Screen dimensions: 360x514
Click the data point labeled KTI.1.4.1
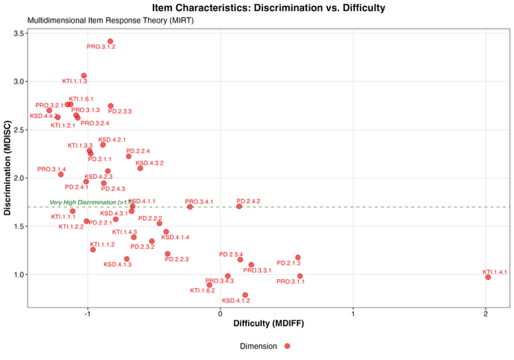pyautogui.click(x=488, y=277)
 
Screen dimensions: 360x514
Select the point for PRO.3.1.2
pyautogui.click(x=111, y=41)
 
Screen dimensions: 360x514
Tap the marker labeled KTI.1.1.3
pyautogui.click(x=84, y=75)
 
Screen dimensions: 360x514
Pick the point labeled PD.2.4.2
pyautogui.click(x=239, y=206)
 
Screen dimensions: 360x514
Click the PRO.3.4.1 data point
pyautogui.click(x=190, y=207)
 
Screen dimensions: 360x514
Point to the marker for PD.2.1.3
pyautogui.click(x=298, y=257)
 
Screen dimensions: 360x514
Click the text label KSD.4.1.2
pyautogui.click(x=236, y=301)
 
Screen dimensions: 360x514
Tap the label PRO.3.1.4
pyautogui.click(x=52, y=169)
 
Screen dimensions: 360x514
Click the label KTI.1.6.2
pyautogui.click(x=202, y=291)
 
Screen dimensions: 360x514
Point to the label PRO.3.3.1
pyautogui.click(x=257, y=270)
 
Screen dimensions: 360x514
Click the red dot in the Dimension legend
pyautogui.click(x=287, y=345)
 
